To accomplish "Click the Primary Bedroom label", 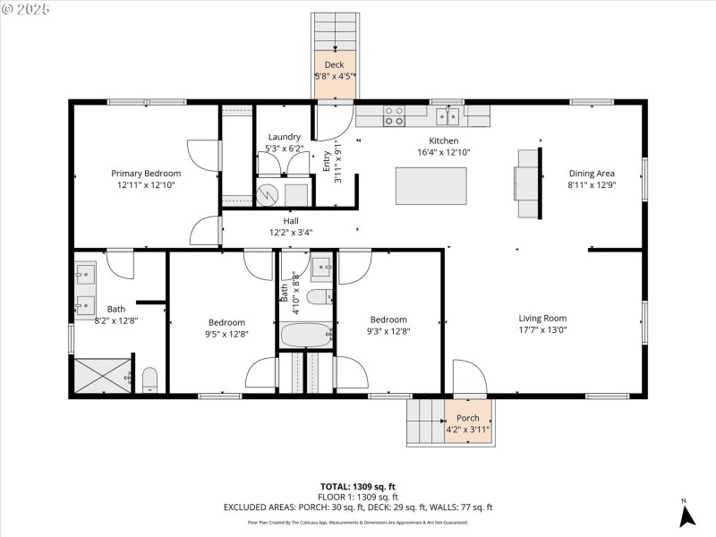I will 146,174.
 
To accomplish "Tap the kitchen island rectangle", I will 431,185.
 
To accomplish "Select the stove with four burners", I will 394,115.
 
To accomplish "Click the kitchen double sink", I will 448,115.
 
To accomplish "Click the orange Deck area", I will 335,71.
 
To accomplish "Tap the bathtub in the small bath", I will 306,337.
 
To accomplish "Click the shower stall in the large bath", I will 103,376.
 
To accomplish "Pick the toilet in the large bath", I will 149,380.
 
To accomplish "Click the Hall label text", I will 291,220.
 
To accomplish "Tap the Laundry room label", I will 285,137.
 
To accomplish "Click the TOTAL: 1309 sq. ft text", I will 357,486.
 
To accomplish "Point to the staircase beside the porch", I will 425,422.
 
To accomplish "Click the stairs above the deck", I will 335,31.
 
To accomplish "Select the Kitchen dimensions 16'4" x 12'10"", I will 444,152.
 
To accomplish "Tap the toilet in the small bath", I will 319,297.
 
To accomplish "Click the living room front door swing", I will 467,376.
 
